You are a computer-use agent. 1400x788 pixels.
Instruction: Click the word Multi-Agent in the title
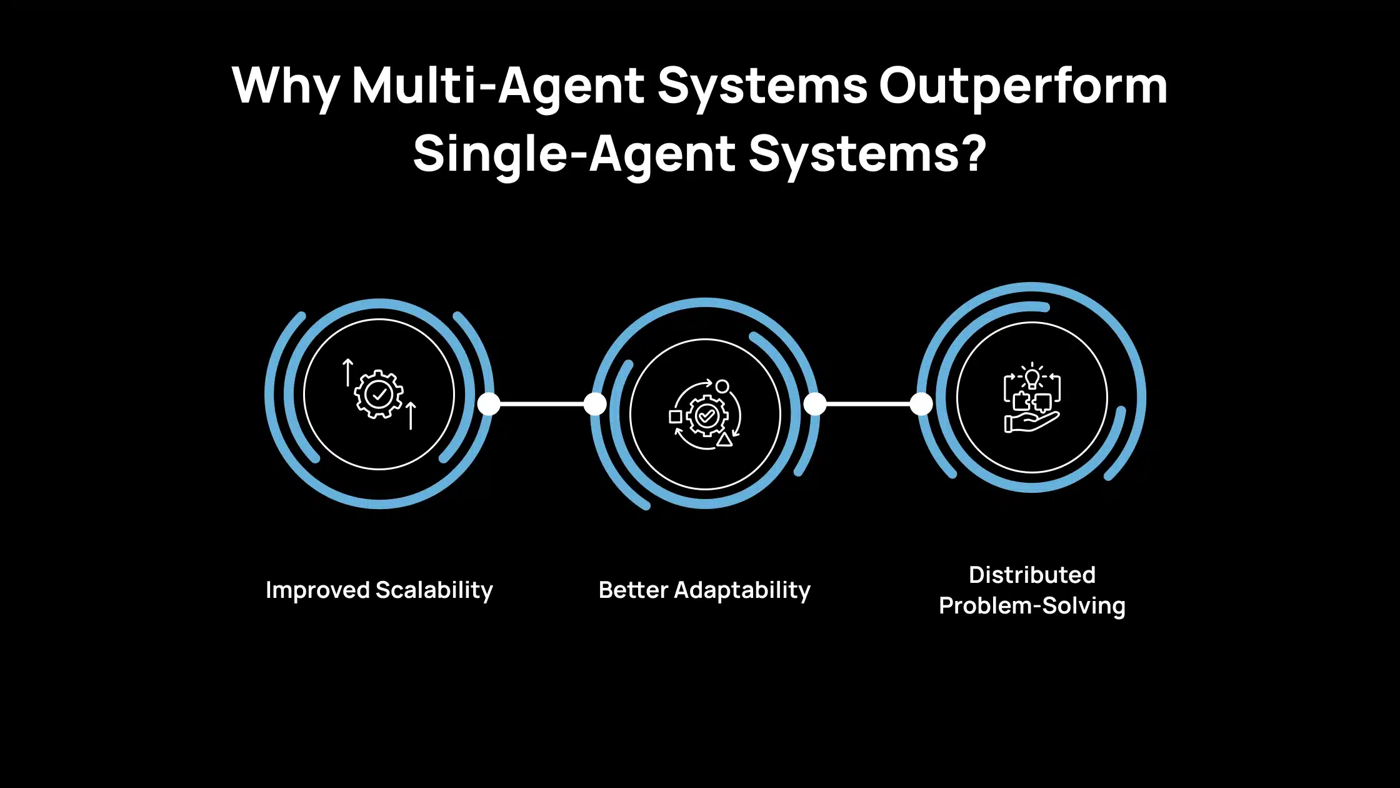coord(497,86)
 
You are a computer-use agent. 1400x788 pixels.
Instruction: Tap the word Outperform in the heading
coord(1023,86)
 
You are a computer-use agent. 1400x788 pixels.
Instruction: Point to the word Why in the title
coord(286,86)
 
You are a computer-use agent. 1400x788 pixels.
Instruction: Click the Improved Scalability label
coord(379,590)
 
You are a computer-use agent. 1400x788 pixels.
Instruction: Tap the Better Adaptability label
coord(704,590)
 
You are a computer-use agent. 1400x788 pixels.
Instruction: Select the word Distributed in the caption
coord(1032,575)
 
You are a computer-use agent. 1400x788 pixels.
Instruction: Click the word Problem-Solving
coord(1032,606)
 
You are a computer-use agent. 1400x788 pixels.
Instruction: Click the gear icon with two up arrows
coord(379,394)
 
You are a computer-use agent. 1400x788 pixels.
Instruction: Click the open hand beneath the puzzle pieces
coord(1031,422)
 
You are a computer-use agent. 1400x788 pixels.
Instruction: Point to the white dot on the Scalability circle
coord(489,404)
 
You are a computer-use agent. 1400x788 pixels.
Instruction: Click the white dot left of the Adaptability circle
coord(595,404)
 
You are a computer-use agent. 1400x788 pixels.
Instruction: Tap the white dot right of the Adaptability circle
coord(815,404)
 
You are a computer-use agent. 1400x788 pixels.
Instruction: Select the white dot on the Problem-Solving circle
coord(921,404)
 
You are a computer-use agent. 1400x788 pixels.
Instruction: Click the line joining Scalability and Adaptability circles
coord(542,404)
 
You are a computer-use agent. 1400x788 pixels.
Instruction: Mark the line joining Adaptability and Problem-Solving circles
coord(868,404)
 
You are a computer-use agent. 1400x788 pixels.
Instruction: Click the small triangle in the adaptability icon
coord(724,439)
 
